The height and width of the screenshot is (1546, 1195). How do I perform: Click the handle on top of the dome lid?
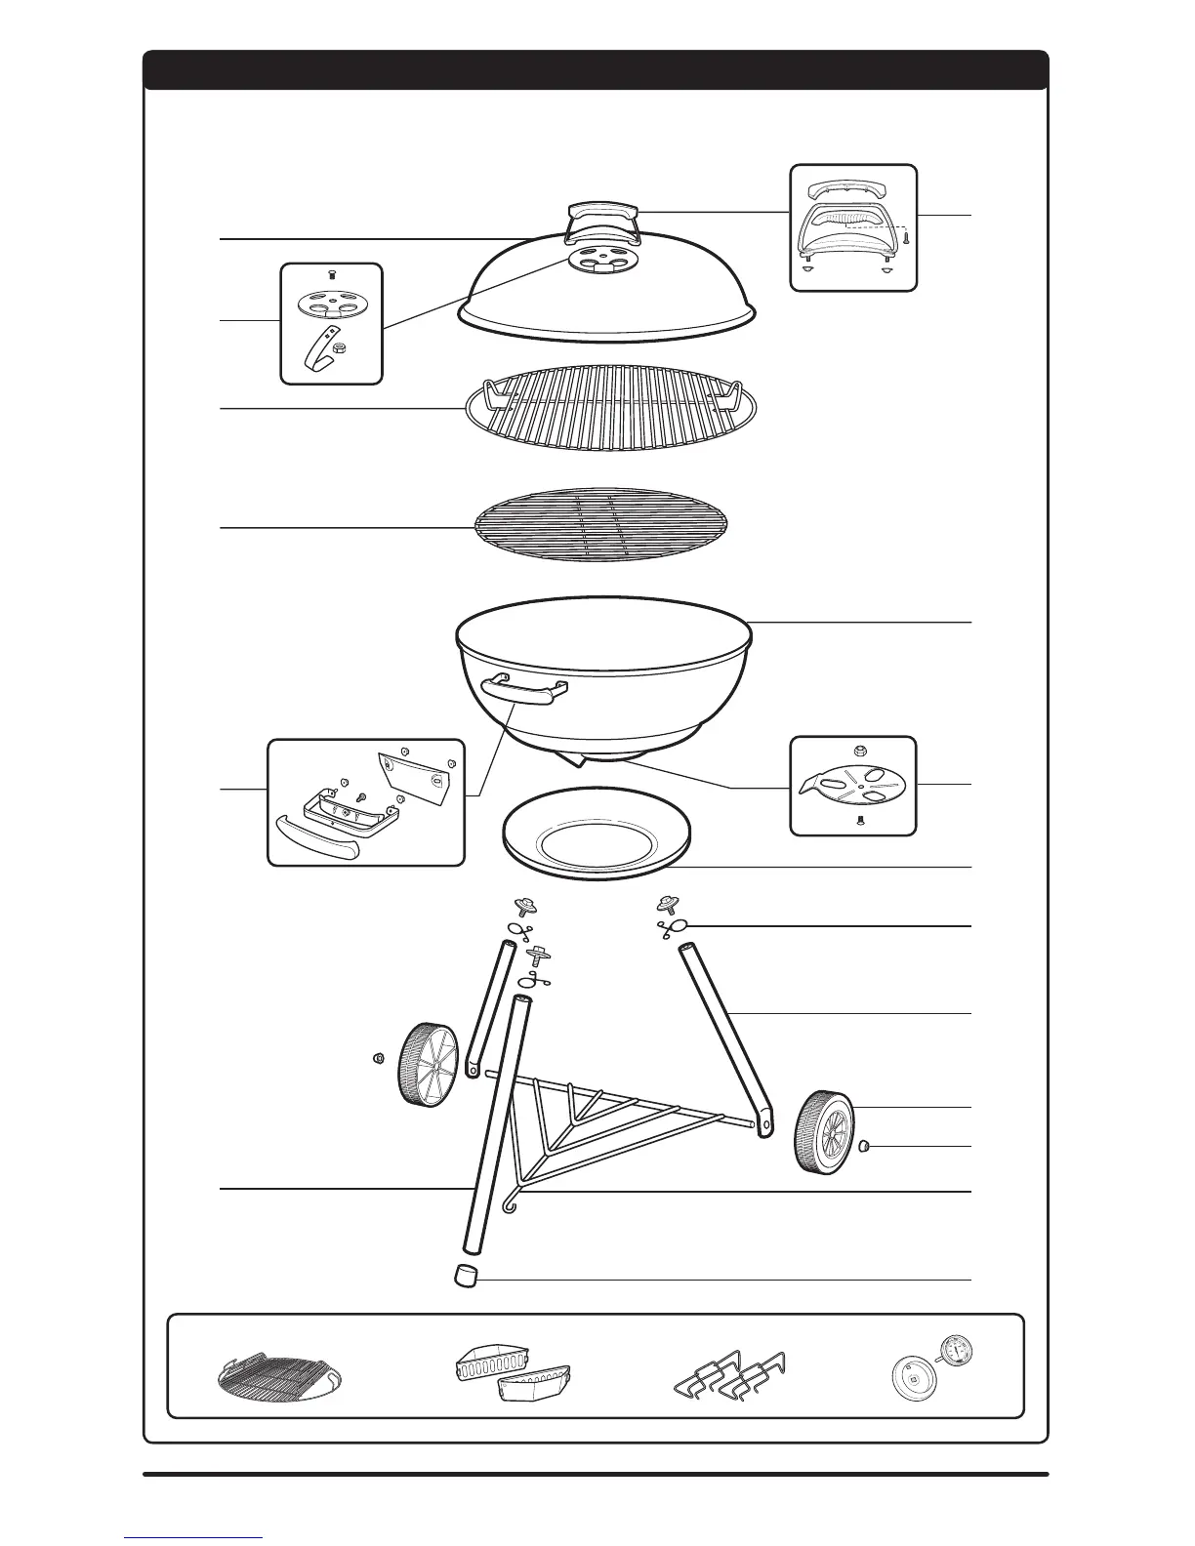coord(600,216)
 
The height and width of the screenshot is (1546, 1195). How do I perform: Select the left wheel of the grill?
coord(427,1065)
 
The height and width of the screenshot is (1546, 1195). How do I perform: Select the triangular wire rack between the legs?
coord(615,1122)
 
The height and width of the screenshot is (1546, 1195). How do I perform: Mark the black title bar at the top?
coord(596,70)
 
